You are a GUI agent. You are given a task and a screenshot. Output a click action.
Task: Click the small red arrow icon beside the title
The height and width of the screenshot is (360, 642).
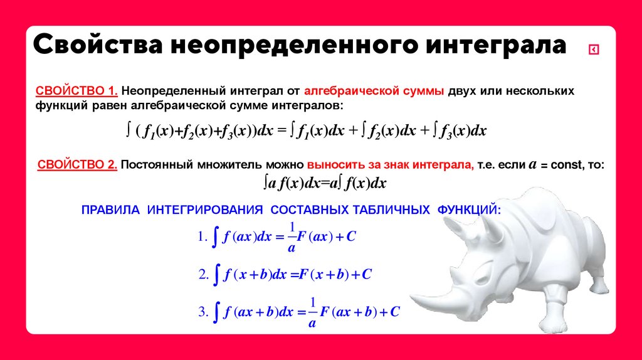point(594,50)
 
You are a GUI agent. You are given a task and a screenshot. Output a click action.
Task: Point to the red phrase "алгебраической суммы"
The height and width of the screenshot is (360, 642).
point(374,91)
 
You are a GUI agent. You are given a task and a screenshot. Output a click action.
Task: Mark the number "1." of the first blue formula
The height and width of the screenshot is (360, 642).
point(202,237)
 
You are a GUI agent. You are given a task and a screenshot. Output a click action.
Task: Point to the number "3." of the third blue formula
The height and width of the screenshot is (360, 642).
point(202,312)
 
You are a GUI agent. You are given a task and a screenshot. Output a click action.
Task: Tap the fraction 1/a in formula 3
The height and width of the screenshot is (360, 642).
point(312,312)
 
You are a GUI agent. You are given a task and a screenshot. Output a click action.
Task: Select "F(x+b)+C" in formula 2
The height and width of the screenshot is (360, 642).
point(335,275)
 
